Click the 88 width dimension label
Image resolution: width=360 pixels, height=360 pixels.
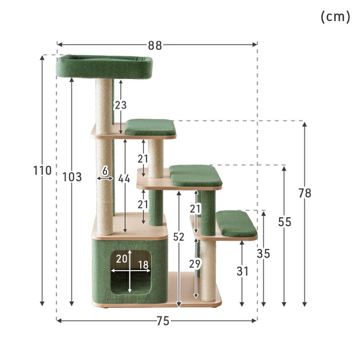click(x=155, y=45)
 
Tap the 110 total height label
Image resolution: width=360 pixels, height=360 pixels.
click(x=43, y=171)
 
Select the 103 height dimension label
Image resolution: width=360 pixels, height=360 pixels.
click(x=72, y=177)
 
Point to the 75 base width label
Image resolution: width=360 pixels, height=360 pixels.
click(x=163, y=321)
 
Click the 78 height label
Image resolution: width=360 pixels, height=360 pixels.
click(x=305, y=193)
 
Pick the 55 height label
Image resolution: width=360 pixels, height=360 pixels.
click(x=285, y=222)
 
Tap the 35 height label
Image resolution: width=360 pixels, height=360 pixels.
click(x=263, y=254)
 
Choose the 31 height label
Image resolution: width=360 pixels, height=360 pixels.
click(x=242, y=272)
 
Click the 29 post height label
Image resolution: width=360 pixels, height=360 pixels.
click(x=195, y=264)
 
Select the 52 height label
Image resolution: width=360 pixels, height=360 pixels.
click(x=178, y=237)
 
